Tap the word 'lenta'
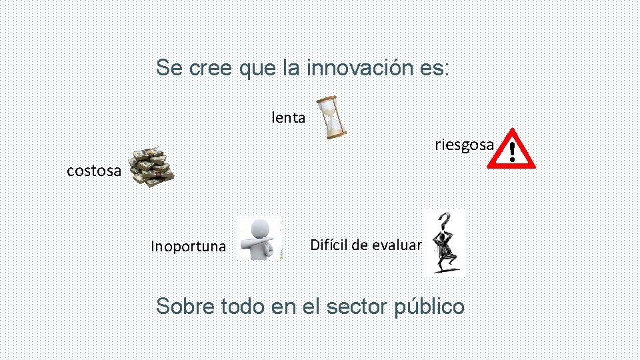click(289, 119)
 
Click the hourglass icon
click(331, 117)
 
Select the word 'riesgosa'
click(464, 145)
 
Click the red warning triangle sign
click(511, 149)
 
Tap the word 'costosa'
click(94, 171)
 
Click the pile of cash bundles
click(151, 166)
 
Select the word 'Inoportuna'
click(188, 247)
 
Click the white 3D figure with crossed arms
click(259, 238)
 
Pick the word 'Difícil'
click(329, 245)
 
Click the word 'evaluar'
click(397, 245)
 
